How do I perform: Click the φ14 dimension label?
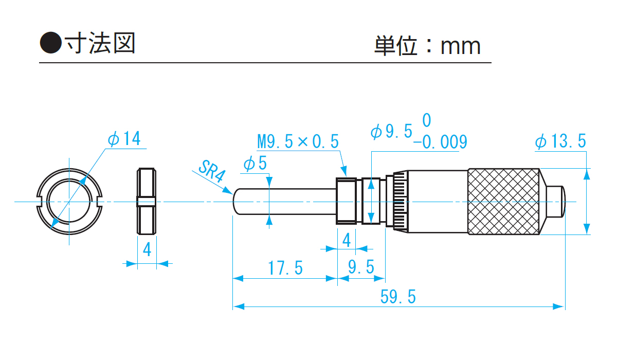(124, 139)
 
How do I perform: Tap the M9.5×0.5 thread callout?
(298, 141)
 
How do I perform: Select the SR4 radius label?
(211, 172)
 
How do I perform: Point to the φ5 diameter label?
(255, 164)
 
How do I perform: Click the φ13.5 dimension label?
(560, 142)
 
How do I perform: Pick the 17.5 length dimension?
(285, 268)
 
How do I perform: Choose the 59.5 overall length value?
(398, 297)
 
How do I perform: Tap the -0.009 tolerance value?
(443, 142)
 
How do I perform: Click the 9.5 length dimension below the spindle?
(360, 268)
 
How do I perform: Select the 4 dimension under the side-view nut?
(147, 250)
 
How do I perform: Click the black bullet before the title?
(50, 43)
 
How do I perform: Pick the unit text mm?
(460, 47)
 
